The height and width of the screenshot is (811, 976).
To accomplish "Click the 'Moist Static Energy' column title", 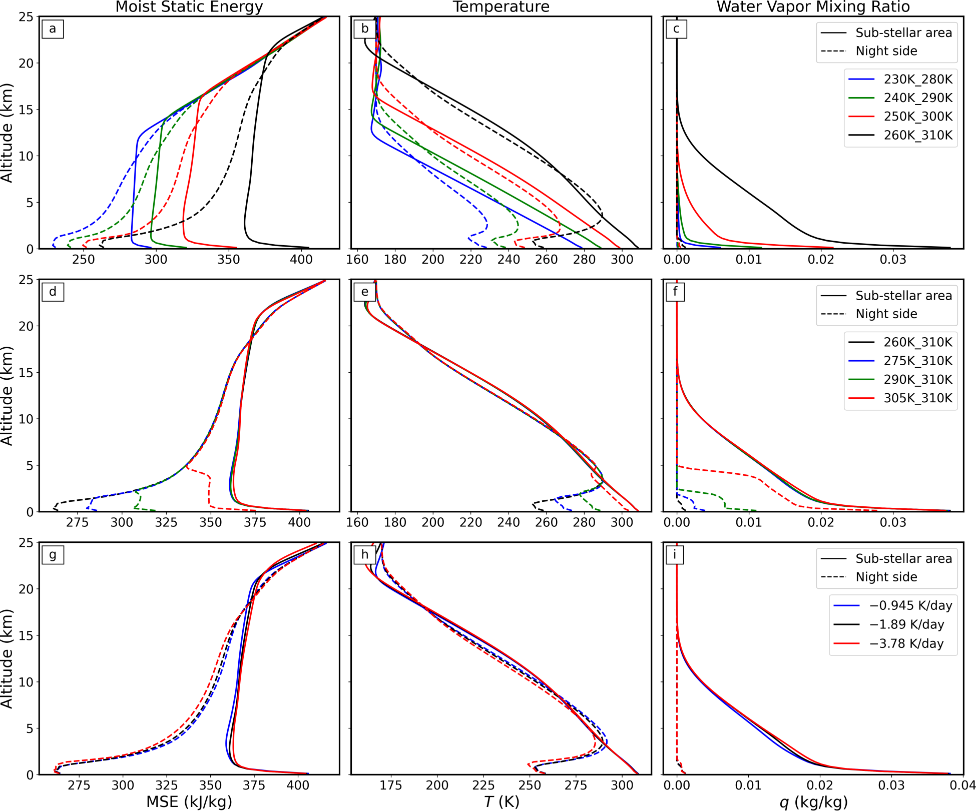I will (x=189, y=7).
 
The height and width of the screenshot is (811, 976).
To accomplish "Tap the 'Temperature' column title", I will (x=501, y=7).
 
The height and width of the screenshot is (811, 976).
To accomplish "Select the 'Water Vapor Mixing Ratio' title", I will (x=813, y=7).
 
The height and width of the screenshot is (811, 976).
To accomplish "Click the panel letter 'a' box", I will (x=53, y=29).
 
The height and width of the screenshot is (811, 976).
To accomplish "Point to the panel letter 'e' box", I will (x=365, y=292).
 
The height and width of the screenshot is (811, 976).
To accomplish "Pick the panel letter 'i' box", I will (x=675, y=555).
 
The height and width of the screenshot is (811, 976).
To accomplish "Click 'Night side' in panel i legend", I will (x=886, y=577).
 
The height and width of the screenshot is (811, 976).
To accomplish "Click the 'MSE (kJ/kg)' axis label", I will (x=189, y=801).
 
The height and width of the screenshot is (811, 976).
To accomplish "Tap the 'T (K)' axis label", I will (x=502, y=801).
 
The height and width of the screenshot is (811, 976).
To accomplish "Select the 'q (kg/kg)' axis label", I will (x=813, y=802).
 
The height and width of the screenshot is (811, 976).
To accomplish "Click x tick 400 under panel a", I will (x=301, y=259).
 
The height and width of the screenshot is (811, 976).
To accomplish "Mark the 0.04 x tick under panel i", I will (x=962, y=785).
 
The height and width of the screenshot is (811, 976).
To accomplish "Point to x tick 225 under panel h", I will (x=483, y=785).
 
